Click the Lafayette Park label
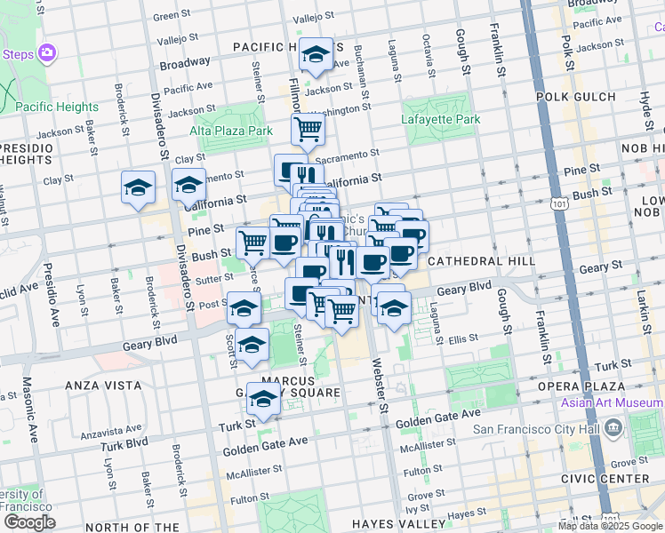(x=440, y=119)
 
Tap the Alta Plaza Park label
(x=230, y=131)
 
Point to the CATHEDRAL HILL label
(x=481, y=261)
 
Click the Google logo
(x=28, y=522)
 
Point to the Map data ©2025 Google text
(x=610, y=526)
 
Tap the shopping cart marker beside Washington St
(x=308, y=130)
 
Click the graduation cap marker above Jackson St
(x=316, y=55)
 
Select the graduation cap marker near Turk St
(x=263, y=400)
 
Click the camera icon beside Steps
(x=47, y=53)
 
